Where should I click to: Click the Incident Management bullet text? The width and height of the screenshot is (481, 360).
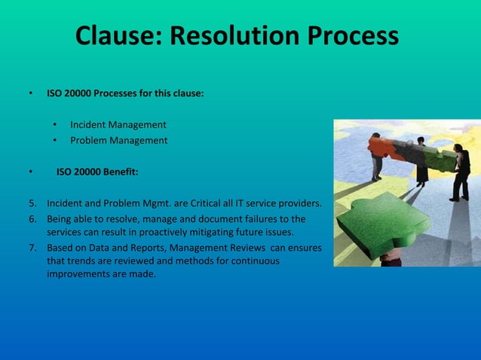pos(118,124)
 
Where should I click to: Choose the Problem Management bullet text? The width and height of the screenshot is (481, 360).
pos(119,140)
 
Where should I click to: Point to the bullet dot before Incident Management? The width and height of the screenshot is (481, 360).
pos(55,125)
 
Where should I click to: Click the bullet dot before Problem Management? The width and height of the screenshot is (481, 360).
pos(55,141)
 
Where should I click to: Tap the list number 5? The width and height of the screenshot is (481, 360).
pos(32,203)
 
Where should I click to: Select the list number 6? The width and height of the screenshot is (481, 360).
pos(32,219)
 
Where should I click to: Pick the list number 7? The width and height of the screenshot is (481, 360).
pos(32,247)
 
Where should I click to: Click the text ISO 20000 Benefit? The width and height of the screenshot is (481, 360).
pos(97,172)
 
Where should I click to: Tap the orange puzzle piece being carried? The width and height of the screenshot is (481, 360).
pos(387,147)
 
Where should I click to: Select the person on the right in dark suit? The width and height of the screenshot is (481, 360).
pos(461,172)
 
